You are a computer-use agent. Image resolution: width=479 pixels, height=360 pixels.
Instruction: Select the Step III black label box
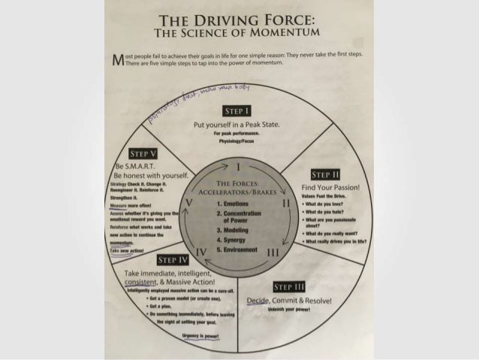288,286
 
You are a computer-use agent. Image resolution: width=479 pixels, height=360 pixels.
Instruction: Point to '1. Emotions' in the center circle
233,203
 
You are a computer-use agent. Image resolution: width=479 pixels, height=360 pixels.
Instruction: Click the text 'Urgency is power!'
195,336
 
